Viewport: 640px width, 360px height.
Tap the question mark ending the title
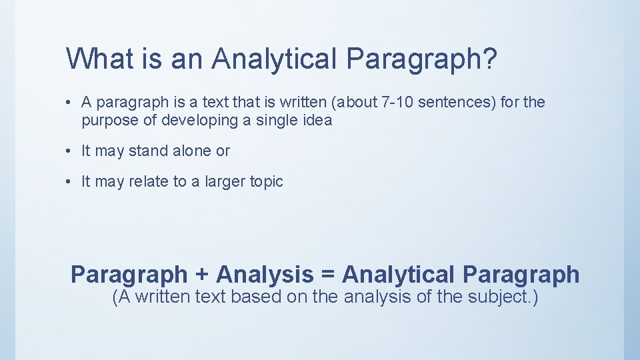(489, 59)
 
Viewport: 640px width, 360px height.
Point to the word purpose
(107, 121)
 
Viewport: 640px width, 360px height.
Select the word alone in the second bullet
(191, 151)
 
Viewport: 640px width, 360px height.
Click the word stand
(149, 151)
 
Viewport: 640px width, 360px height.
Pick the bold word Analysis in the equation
(265, 275)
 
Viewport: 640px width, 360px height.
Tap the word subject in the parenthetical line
(491, 297)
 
